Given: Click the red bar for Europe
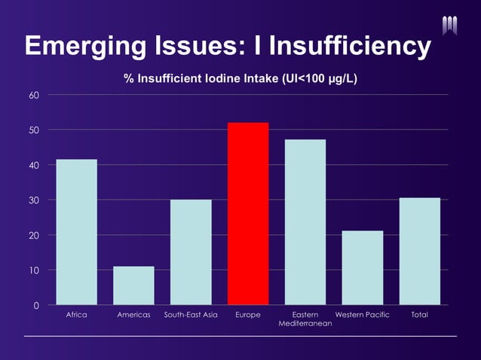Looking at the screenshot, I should (248, 214).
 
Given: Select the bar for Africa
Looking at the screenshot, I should (77, 232).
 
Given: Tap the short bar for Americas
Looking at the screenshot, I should (133, 285).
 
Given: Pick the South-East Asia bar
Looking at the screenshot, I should (191, 252).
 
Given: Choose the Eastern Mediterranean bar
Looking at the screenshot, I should (305, 222).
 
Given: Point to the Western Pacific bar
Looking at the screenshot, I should (363, 268).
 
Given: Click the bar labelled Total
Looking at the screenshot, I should (420, 252).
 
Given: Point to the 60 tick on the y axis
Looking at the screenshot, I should (35, 95).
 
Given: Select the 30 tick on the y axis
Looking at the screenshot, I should (35, 200).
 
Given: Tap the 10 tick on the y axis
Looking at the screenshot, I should (35, 270).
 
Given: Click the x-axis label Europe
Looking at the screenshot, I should (248, 315).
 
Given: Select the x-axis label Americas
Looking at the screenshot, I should (133, 315).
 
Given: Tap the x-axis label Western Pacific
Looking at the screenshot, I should (363, 315).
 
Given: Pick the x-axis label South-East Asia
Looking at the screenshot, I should (191, 315).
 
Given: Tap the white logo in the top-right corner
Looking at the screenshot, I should (450, 25).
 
